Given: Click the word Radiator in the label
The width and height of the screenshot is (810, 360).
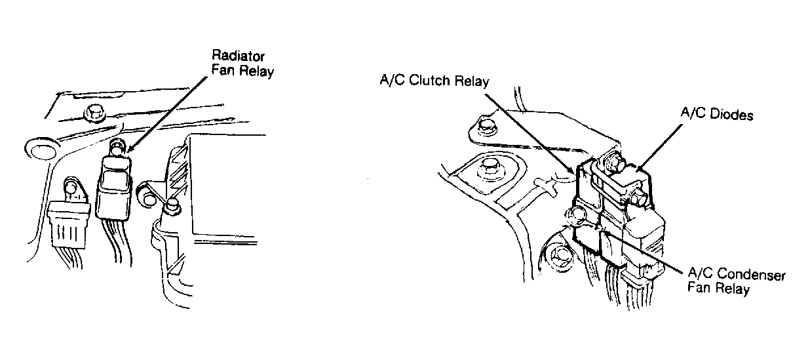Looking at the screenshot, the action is point(238,56).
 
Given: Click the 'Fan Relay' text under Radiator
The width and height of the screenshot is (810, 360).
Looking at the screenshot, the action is point(242,71).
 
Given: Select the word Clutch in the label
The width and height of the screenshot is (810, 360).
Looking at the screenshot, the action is point(430,80).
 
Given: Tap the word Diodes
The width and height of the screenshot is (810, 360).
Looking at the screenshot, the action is point(731,115).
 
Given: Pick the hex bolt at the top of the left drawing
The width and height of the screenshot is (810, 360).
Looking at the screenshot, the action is point(93,113).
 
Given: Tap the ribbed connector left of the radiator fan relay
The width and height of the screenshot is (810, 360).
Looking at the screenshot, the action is point(69,225).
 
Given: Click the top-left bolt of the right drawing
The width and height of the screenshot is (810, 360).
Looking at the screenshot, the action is point(484,126).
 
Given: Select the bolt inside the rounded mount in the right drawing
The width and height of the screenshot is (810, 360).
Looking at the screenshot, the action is point(490,167).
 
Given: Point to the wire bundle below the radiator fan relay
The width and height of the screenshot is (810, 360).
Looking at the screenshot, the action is point(117,243).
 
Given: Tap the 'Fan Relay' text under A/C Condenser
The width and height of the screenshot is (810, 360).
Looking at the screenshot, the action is point(718,289).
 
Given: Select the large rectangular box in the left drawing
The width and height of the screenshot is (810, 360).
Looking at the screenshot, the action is point(227,187).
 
